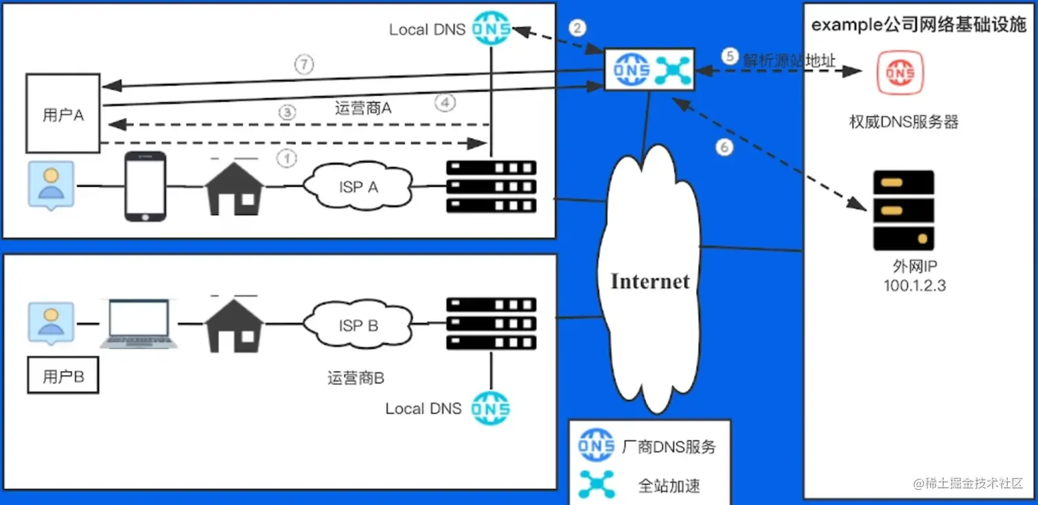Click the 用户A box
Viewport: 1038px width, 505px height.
pyautogui.click(x=63, y=114)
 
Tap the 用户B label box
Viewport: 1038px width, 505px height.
pyautogui.click(x=63, y=377)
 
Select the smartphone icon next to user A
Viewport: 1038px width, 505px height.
pyautogui.click(x=145, y=186)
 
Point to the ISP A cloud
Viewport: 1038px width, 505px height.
pyautogui.click(x=358, y=186)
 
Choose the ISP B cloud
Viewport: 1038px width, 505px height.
pyautogui.click(x=358, y=325)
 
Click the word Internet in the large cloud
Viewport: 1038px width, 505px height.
pyautogui.click(x=649, y=281)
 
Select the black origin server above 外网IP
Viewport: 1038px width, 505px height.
pyautogui.click(x=903, y=210)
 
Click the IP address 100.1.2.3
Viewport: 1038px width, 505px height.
pyautogui.click(x=914, y=286)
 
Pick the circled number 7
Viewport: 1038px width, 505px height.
pyautogui.click(x=304, y=65)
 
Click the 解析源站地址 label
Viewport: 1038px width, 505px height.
pyautogui.click(x=789, y=60)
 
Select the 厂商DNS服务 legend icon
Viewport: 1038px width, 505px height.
pyautogui.click(x=596, y=446)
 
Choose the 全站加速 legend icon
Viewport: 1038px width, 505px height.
pyautogui.click(x=596, y=484)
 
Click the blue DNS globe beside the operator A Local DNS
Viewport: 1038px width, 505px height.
pyautogui.click(x=492, y=29)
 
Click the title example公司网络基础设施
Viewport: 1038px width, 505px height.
pyautogui.click(x=919, y=25)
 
